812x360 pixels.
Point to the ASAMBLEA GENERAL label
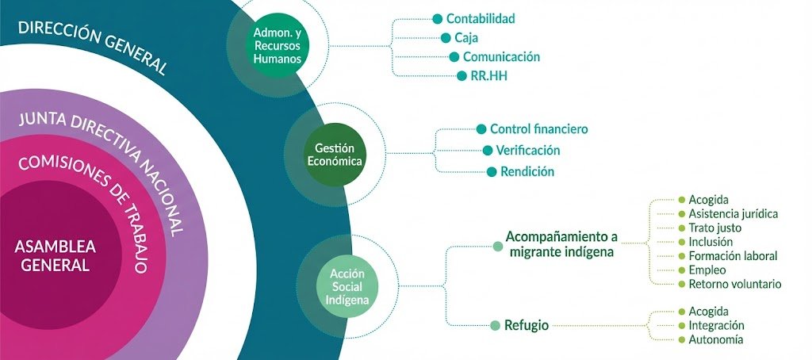[x=56, y=255]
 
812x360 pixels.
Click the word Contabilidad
[x=481, y=18]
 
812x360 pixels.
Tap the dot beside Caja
[x=446, y=37]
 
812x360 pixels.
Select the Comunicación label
[x=501, y=57]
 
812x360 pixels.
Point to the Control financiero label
[x=539, y=128]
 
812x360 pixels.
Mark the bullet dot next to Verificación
[x=488, y=150]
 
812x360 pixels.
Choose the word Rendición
[x=527, y=171]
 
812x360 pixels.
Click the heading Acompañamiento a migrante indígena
[x=561, y=244]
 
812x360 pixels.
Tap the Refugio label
[x=527, y=324]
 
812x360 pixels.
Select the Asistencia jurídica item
[x=733, y=213]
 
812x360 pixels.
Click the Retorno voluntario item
[x=735, y=284]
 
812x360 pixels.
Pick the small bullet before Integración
[x=681, y=326]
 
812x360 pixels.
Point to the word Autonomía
[x=716, y=339]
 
